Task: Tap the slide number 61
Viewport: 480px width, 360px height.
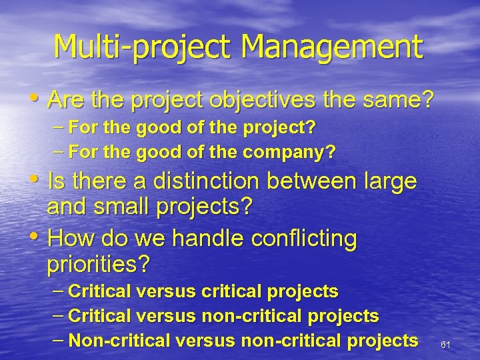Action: [x=446, y=345]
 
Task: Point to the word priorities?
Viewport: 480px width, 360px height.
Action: [x=98, y=265]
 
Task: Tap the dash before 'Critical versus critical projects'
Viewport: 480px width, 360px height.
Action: [x=59, y=291]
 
